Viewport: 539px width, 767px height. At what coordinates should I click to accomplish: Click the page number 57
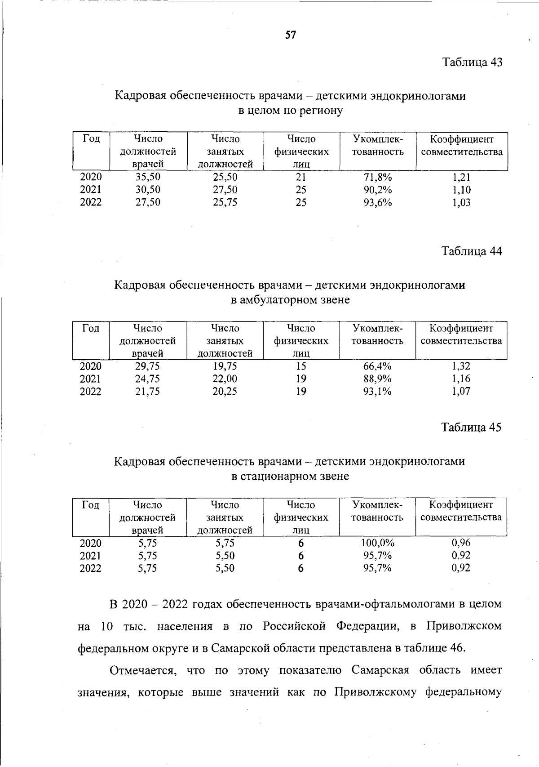pyautogui.click(x=291, y=35)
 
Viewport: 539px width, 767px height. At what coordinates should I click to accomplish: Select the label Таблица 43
pyautogui.click(x=472, y=62)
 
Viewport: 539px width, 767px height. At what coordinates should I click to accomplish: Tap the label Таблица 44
pyautogui.click(x=472, y=251)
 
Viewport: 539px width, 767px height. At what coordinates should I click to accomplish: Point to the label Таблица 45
pyautogui.click(x=471, y=427)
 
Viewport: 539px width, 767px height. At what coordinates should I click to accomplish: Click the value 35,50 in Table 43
pyautogui.click(x=148, y=177)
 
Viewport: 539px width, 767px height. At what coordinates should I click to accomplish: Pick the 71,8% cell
pyautogui.click(x=378, y=177)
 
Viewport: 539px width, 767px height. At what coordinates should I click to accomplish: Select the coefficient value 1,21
pyautogui.click(x=461, y=177)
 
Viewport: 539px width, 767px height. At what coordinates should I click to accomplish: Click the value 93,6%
pyautogui.click(x=378, y=202)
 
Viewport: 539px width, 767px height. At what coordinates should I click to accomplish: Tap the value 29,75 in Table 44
pyautogui.click(x=147, y=366)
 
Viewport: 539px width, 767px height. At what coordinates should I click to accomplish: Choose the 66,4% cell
pyautogui.click(x=377, y=366)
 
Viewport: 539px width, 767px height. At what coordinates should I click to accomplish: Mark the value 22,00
pyautogui.click(x=225, y=379)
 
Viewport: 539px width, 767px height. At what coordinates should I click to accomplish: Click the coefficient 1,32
pyautogui.click(x=461, y=366)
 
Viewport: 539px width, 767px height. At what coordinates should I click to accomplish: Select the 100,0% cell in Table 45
pyautogui.click(x=377, y=543)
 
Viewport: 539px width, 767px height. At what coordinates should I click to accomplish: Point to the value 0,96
pyautogui.click(x=461, y=543)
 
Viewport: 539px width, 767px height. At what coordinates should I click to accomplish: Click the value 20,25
pyautogui.click(x=225, y=392)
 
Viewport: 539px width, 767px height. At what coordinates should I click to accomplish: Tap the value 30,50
pyautogui.click(x=148, y=190)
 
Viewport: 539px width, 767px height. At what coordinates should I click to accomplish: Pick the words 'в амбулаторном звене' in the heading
pyautogui.click(x=290, y=299)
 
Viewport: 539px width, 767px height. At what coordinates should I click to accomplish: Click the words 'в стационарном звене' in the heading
pyautogui.click(x=290, y=476)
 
